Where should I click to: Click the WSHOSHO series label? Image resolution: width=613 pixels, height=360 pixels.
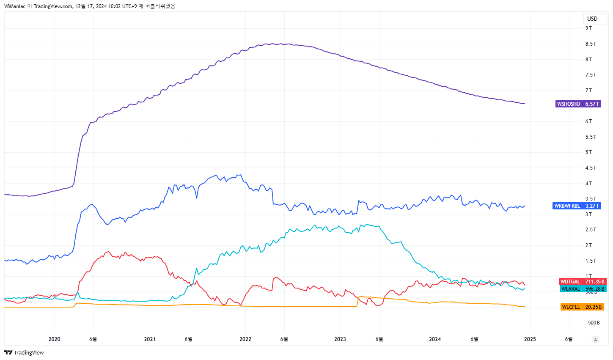click(568, 104)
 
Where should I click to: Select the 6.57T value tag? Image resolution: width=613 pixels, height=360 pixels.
click(591, 104)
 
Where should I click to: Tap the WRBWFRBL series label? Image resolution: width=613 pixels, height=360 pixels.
click(567, 206)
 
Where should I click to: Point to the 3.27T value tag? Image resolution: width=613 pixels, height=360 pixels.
click(591, 206)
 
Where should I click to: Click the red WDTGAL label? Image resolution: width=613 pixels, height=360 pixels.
click(570, 282)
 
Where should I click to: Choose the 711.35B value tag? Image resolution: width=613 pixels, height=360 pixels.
click(594, 282)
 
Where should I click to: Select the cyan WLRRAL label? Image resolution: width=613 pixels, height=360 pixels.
click(570, 289)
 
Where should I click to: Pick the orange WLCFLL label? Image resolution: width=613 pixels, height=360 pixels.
click(571, 307)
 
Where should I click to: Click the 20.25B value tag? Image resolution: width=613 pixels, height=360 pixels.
click(594, 307)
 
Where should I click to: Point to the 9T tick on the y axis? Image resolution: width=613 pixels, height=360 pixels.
click(588, 28)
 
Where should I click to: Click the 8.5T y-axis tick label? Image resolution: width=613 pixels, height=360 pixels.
click(591, 44)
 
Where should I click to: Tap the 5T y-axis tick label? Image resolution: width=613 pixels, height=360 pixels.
click(588, 152)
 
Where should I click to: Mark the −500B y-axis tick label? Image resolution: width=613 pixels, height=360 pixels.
click(592, 323)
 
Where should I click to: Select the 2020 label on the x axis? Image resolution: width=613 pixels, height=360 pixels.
click(54, 339)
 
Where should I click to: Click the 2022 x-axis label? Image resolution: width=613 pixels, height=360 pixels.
click(245, 339)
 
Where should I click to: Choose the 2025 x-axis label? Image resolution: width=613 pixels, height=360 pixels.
click(530, 339)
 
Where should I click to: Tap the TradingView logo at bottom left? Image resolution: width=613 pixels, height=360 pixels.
click(24, 353)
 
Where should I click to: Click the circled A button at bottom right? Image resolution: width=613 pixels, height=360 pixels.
click(596, 340)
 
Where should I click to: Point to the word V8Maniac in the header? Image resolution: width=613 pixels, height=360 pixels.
click(15, 6)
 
